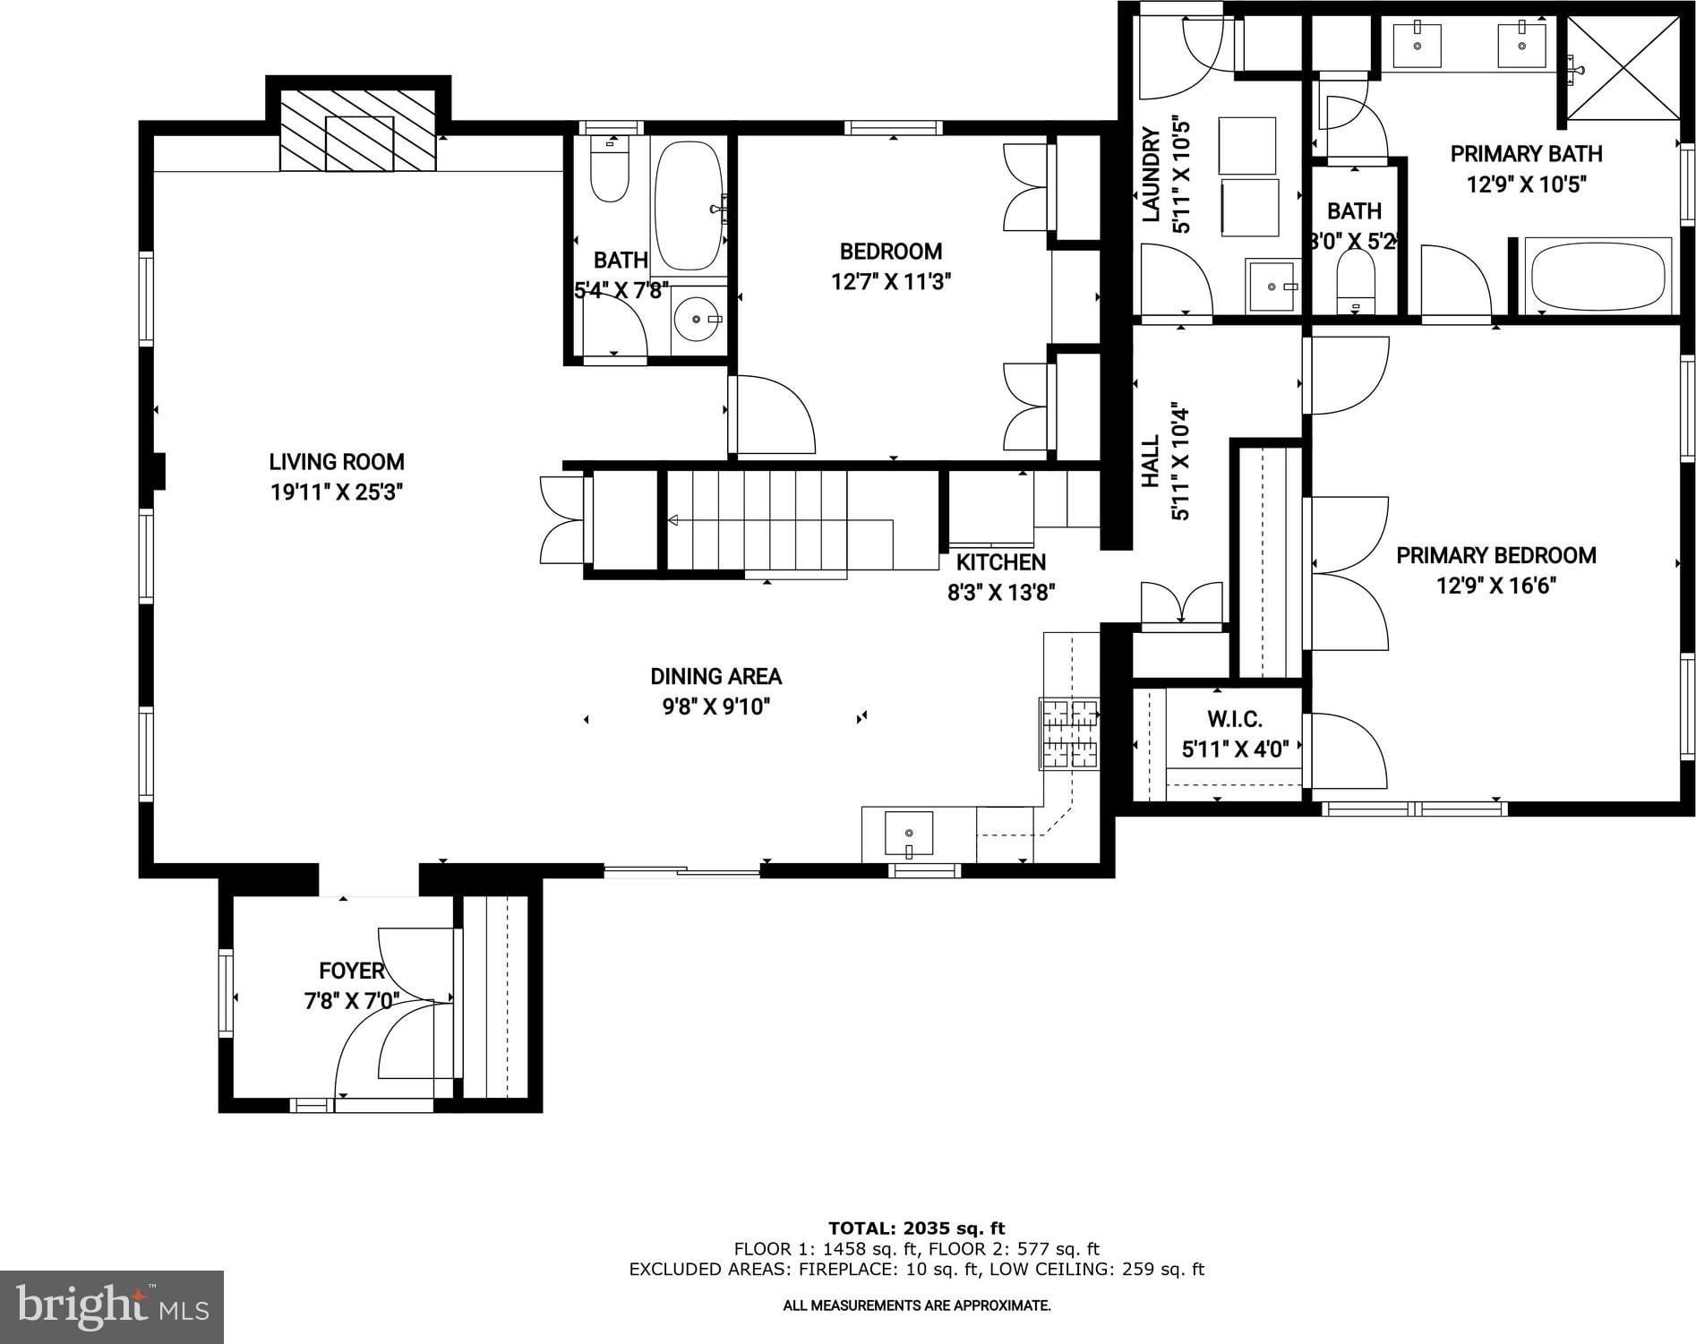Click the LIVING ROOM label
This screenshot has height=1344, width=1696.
(337, 462)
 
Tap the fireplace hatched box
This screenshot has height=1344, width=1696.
(358, 130)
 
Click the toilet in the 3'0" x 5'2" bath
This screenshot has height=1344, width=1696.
(1355, 280)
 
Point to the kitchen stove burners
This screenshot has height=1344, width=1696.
(1069, 734)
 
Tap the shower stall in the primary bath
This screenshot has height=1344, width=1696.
(1623, 68)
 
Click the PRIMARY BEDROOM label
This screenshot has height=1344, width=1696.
(1496, 555)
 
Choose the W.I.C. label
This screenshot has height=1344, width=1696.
(1235, 719)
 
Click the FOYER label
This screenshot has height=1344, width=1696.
(352, 971)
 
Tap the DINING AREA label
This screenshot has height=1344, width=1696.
(716, 676)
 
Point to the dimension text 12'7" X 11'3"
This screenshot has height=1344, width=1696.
(891, 282)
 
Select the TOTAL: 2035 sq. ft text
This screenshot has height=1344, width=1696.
(917, 1228)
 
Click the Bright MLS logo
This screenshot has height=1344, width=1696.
(112, 1306)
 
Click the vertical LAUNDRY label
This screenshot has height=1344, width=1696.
(1152, 174)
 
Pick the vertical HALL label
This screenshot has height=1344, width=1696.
(1152, 461)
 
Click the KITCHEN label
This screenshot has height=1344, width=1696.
(1001, 562)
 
